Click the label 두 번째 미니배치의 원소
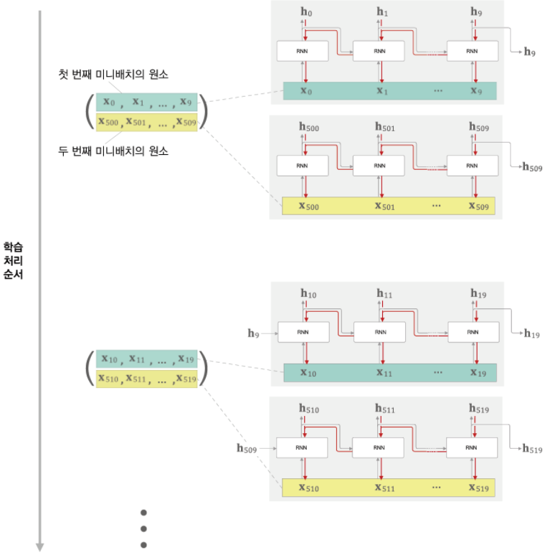[114, 151]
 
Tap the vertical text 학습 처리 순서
[13, 260]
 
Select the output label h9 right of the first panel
[530, 52]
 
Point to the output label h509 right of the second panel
[531, 167]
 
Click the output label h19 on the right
[531, 333]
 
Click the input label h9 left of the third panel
[253, 333]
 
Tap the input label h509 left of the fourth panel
[247, 448]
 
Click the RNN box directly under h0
[302, 51]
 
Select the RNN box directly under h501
[379, 166]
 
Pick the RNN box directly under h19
[473, 332]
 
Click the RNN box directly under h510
[302, 447]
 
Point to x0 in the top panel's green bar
[305, 91]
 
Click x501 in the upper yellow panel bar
[386, 207]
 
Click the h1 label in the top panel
[382, 11]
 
